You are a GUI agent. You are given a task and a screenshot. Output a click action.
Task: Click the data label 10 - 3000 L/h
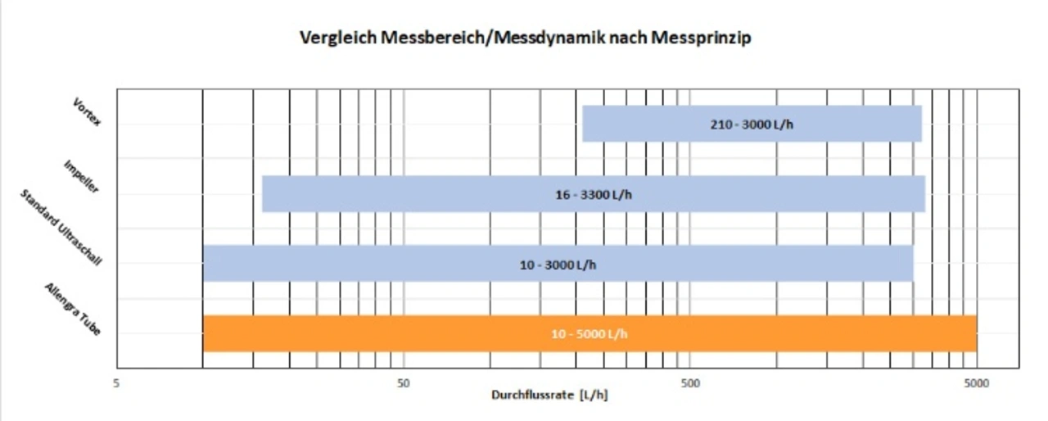[558, 265]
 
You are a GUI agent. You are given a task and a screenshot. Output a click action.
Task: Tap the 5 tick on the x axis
[117, 383]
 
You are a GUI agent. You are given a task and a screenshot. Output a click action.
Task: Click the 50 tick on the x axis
[403, 383]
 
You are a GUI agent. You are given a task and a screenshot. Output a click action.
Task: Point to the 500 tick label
[689, 383]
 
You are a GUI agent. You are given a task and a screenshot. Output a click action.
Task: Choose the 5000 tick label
[975, 383]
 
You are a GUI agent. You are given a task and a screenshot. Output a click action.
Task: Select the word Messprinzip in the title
[707, 38]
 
